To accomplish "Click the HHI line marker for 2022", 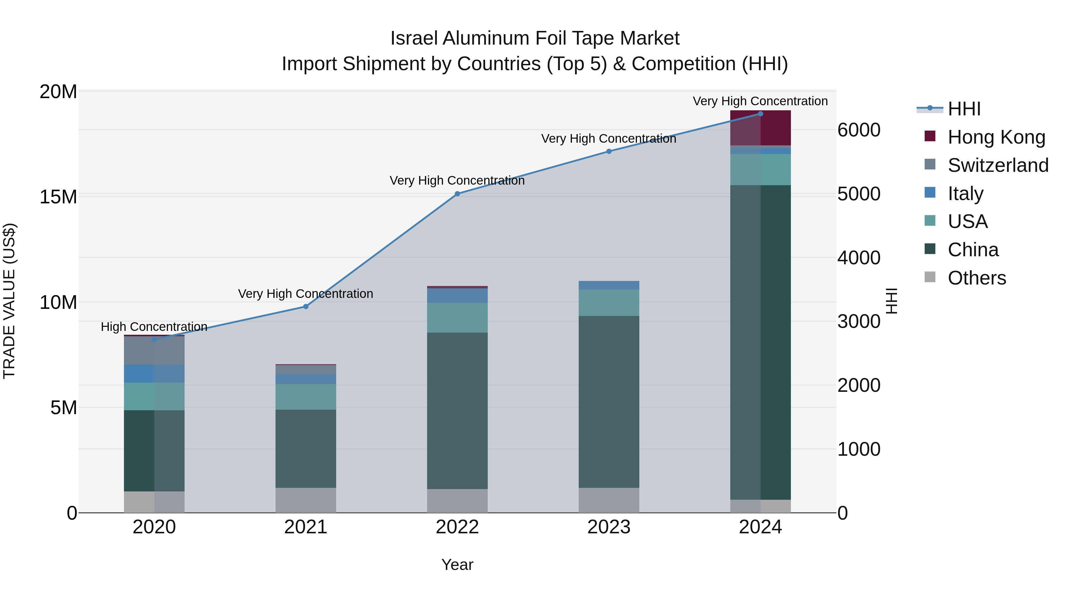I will [x=457, y=194].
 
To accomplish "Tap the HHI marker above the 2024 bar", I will [x=761, y=114].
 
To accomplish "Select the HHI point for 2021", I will [x=306, y=306].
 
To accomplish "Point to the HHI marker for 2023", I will [x=609, y=151].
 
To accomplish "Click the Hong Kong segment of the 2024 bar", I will [x=761, y=128].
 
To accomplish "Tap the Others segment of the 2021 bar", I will [x=306, y=500].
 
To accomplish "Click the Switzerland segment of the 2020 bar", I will [x=154, y=351].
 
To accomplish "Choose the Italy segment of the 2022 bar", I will [x=457, y=296].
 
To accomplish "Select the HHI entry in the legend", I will [x=964, y=109].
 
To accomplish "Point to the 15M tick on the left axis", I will [x=58, y=197].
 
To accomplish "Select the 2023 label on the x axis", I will [x=609, y=527].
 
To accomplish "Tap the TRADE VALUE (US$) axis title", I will [x=9, y=301].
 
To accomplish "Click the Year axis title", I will [x=457, y=565].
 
